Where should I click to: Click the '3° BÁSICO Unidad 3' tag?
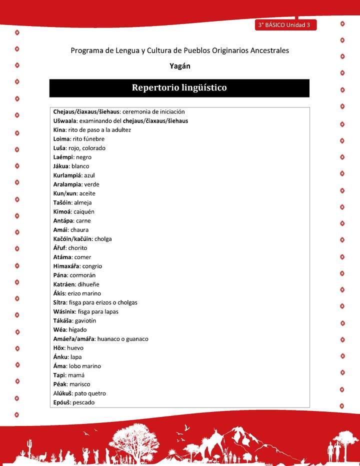click(x=284, y=25)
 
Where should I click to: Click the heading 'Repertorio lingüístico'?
click(x=179, y=88)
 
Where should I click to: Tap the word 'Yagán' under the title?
click(x=180, y=65)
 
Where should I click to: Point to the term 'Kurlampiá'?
click(x=67, y=175)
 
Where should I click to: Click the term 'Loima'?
click(x=61, y=139)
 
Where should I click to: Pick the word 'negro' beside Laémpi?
click(x=83, y=157)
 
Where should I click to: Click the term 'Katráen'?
click(x=64, y=284)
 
